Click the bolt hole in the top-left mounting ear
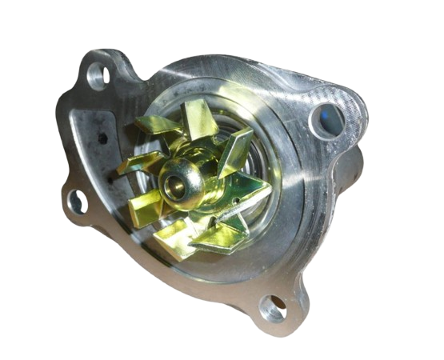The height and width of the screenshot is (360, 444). click(98, 76)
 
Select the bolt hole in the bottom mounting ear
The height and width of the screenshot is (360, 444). click(272, 305)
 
